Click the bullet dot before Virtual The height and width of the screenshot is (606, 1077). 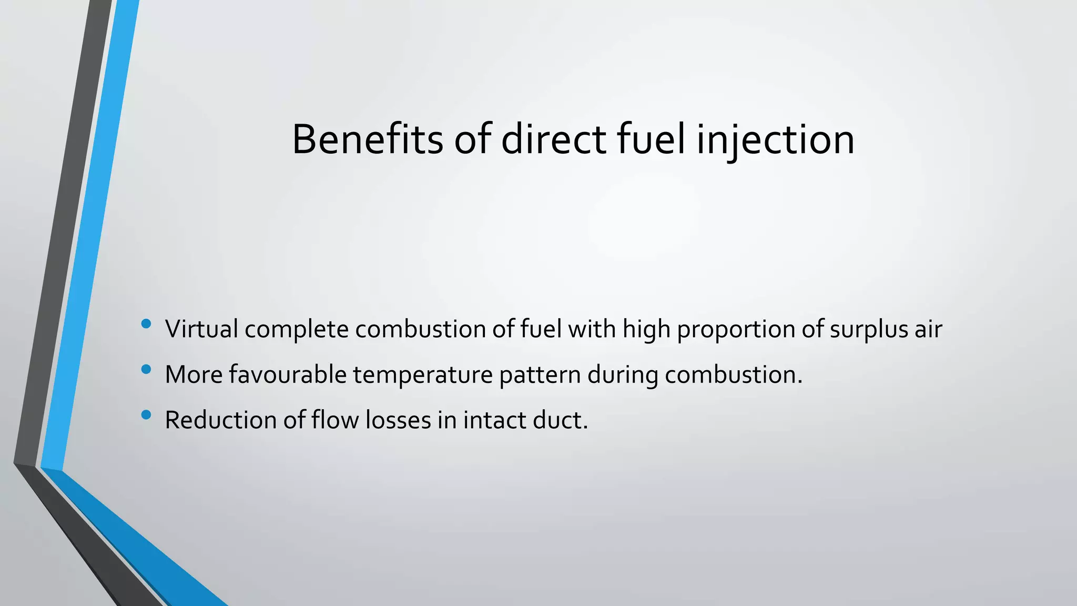[146, 324]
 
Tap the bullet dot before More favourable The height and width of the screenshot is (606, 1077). [146, 369]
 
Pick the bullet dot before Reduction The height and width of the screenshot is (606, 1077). [146, 415]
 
